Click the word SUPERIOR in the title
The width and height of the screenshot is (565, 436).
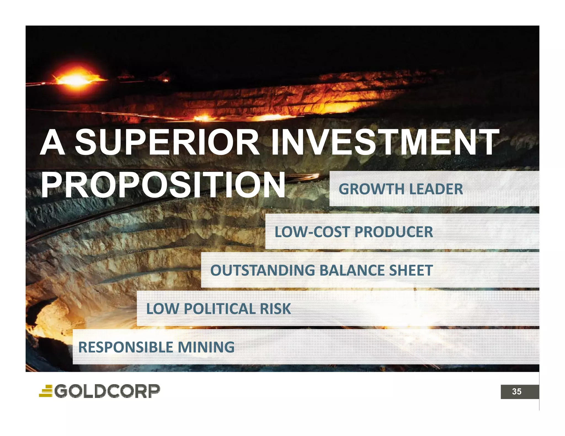click(167, 143)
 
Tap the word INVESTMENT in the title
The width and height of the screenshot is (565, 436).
click(385, 143)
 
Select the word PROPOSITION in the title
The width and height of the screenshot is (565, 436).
click(163, 185)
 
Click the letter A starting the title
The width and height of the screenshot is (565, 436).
click(52, 143)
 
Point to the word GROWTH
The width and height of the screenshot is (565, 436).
click(371, 189)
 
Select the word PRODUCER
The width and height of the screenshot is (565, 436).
click(394, 232)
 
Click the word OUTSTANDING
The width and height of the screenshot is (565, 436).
click(262, 270)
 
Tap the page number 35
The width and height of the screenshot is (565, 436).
click(516, 392)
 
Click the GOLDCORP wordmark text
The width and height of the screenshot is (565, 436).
click(107, 391)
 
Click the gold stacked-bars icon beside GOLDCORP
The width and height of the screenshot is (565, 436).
click(46, 391)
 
